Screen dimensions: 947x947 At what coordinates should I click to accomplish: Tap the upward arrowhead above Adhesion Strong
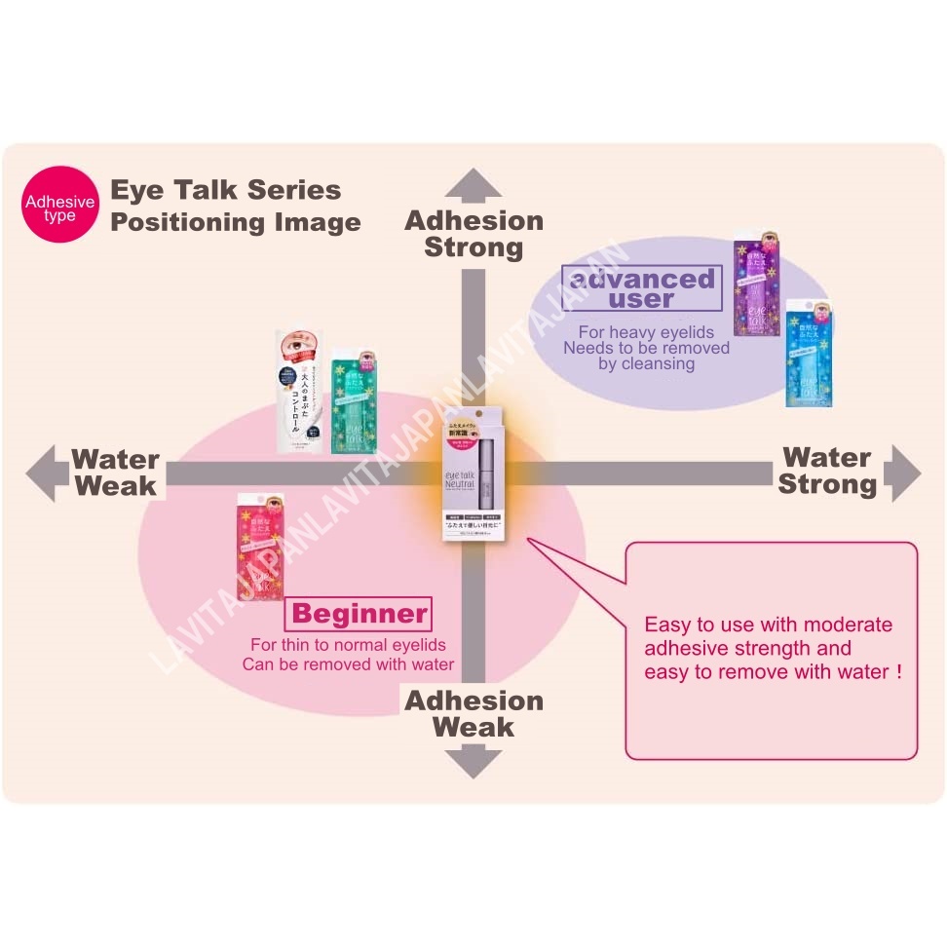(x=473, y=185)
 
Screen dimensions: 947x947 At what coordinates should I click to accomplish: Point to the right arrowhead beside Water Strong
(x=903, y=474)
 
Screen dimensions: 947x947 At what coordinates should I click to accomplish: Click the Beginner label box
(x=358, y=614)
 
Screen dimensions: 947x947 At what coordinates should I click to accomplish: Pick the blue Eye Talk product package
(x=809, y=353)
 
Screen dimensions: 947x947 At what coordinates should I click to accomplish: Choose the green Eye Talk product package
(x=354, y=401)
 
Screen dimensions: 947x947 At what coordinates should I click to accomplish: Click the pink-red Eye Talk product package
(x=260, y=547)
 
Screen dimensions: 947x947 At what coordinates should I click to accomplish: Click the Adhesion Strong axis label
(x=473, y=234)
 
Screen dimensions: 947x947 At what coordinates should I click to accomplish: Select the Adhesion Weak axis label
(x=473, y=713)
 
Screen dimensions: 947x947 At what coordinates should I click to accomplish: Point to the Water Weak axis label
(x=115, y=473)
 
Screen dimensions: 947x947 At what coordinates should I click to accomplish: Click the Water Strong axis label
(x=827, y=471)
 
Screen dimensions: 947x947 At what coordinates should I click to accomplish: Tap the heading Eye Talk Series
(x=225, y=190)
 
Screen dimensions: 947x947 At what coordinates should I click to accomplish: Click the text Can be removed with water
(x=348, y=664)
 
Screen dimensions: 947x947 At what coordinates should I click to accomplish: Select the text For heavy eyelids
(x=646, y=332)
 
